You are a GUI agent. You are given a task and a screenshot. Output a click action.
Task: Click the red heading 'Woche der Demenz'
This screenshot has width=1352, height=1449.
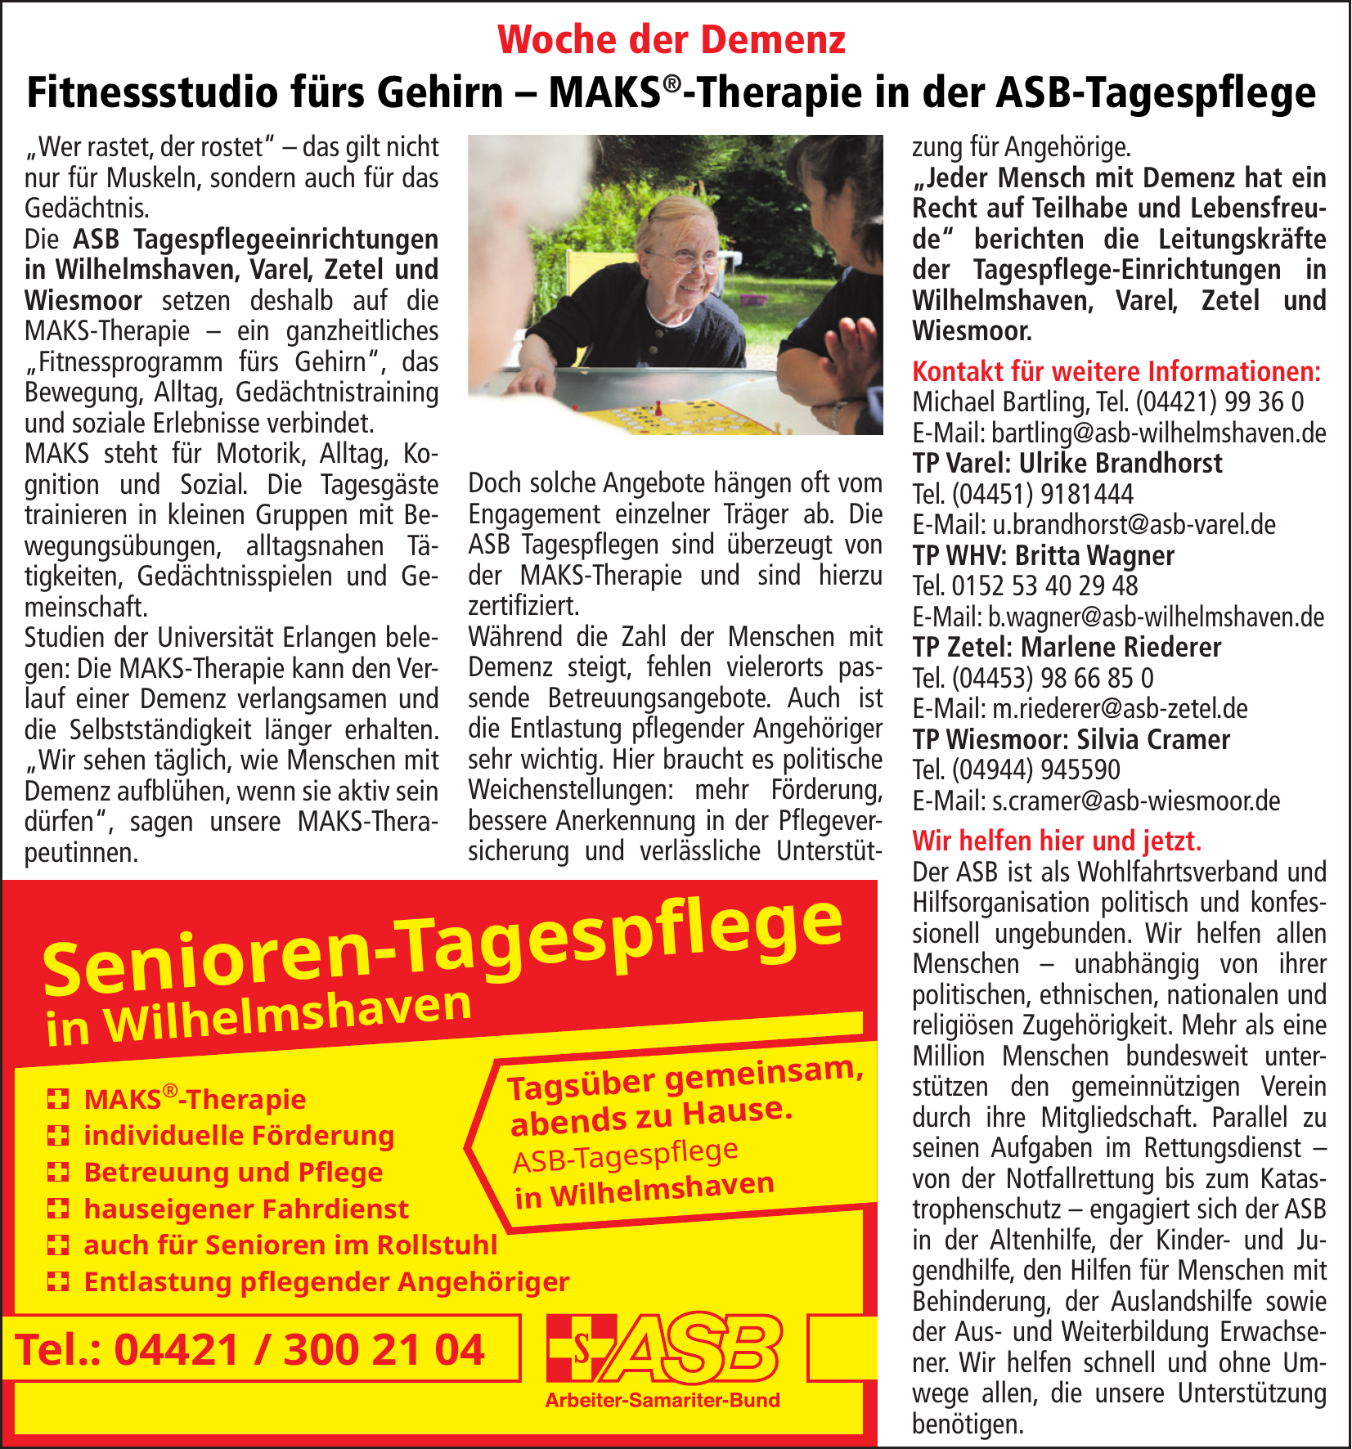tap(672, 39)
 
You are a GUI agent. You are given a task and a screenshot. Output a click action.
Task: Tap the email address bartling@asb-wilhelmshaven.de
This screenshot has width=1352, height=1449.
tap(1158, 433)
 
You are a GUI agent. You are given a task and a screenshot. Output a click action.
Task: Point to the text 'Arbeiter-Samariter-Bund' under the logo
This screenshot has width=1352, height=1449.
tap(663, 1400)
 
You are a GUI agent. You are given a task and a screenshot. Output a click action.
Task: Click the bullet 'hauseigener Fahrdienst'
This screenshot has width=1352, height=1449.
tap(245, 1209)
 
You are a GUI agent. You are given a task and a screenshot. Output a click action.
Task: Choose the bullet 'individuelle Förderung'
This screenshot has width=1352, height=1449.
tap(239, 1136)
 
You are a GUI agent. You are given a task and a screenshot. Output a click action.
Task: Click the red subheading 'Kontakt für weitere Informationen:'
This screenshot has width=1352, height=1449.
tap(1116, 371)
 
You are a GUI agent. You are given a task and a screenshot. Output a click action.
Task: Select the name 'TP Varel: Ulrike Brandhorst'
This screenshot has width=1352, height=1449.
tap(1067, 464)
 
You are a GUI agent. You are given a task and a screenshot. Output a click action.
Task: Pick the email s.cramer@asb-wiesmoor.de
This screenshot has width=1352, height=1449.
tap(1135, 801)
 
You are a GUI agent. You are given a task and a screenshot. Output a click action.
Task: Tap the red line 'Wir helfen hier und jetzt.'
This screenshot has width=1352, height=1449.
tap(1057, 841)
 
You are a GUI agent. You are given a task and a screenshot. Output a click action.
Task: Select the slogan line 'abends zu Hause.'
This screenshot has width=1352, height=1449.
tap(651, 1116)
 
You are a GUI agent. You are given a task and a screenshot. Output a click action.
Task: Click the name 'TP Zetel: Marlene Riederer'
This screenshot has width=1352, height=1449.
tap(1067, 647)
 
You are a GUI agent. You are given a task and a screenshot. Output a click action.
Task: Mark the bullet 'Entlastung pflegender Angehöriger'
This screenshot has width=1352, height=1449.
tap(326, 1281)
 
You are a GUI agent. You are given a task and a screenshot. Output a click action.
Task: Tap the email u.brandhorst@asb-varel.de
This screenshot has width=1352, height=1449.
tap(1134, 524)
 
